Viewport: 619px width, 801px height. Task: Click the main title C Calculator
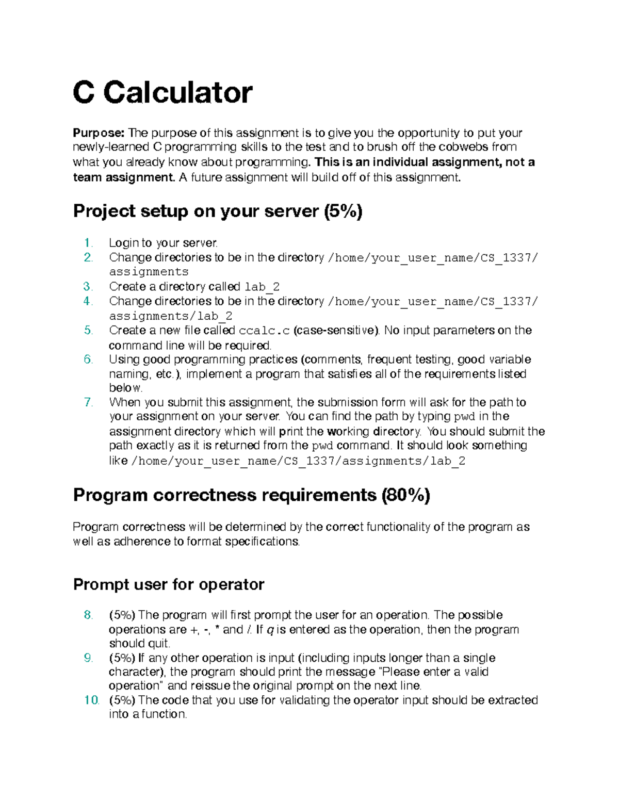tap(162, 93)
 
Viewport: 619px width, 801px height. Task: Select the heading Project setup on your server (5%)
tap(218, 211)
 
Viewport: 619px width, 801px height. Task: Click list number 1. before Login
tap(88, 243)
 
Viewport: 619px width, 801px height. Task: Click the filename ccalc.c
tap(265, 331)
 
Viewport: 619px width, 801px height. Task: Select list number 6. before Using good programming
tap(88, 359)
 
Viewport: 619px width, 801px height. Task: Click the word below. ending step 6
tap(125, 388)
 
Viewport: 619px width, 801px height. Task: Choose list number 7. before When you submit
tap(88, 402)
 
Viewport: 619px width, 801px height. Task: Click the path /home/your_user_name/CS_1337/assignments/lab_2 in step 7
tap(298, 461)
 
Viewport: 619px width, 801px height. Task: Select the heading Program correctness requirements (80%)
tap(251, 495)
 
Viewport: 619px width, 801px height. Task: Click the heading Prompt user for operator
tap(169, 584)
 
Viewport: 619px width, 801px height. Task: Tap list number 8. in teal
tap(88, 615)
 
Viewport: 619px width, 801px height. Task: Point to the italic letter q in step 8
tap(270, 630)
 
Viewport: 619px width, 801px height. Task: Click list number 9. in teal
tap(88, 658)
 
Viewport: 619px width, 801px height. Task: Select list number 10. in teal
tap(91, 700)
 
